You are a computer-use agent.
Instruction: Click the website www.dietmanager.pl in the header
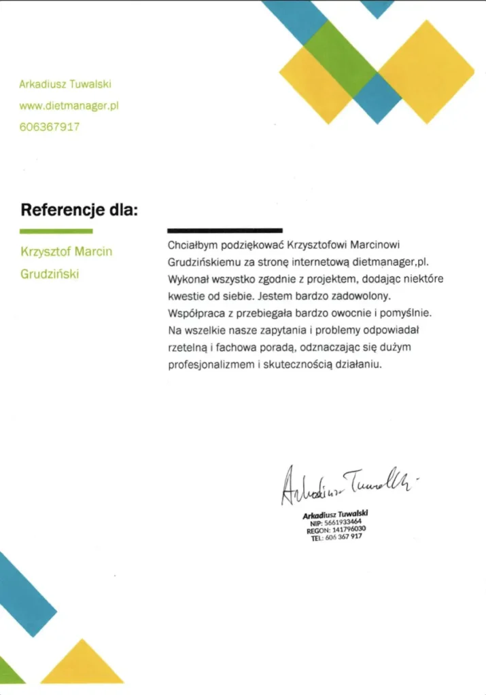click(69, 105)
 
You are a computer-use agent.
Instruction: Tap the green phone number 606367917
click(50, 126)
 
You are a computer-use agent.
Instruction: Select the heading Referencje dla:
click(79, 209)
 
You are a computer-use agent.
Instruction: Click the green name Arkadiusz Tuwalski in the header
click(65, 84)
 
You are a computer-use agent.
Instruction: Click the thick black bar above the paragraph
click(225, 231)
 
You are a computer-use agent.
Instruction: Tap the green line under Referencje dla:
click(56, 231)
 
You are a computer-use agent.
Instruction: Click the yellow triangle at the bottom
click(83, 666)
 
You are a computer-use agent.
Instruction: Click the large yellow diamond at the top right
click(426, 71)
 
